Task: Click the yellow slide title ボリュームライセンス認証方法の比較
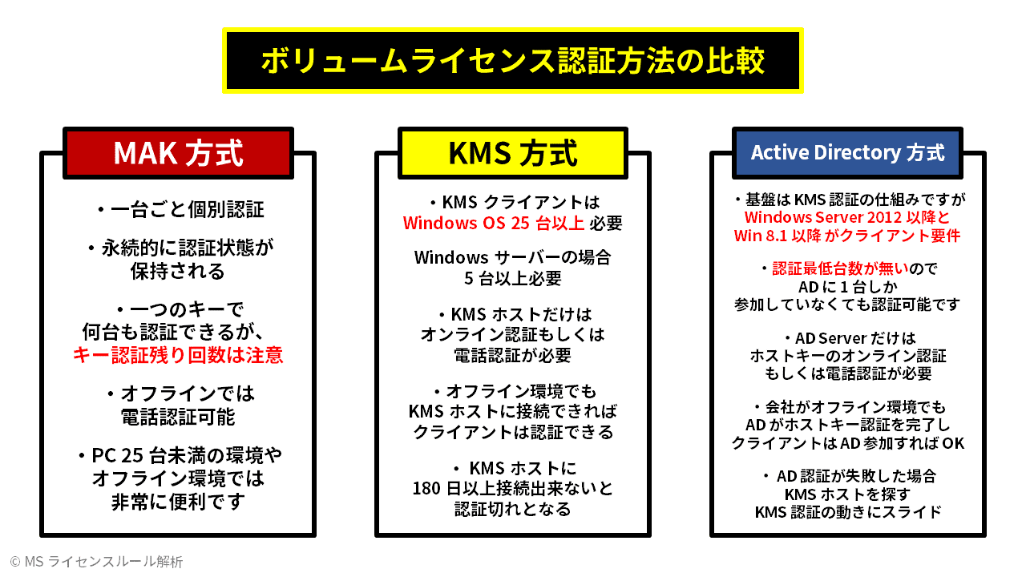click(x=513, y=62)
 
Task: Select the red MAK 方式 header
click(x=178, y=153)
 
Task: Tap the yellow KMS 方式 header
click(x=513, y=153)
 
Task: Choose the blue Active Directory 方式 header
click(x=847, y=152)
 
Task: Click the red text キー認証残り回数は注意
click(x=178, y=355)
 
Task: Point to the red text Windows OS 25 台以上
click(x=493, y=223)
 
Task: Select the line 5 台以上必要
click(x=513, y=279)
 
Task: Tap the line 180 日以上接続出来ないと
click(x=513, y=488)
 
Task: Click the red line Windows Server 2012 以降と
click(x=847, y=217)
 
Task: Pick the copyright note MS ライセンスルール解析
click(x=96, y=562)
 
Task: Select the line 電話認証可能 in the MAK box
click(x=178, y=417)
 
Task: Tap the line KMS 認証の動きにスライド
click(x=847, y=512)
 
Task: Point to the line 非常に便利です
click(x=178, y=502)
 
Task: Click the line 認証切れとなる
click(x=513, y=509)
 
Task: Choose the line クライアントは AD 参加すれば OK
click(x=847, y=443)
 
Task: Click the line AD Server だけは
click(x=847, y=338)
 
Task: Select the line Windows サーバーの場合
click(x=513, y=258)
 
